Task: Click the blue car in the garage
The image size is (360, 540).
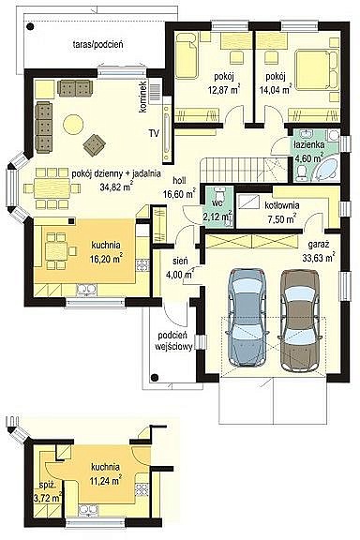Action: point(247,317)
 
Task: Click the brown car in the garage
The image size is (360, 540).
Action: point(299,320)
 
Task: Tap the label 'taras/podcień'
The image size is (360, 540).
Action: point(98,44)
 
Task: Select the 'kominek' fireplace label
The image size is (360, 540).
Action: point(142,97)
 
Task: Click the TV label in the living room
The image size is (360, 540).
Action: point(154,133)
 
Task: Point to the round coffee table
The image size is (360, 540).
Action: point(73,124)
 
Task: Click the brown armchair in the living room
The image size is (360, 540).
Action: point(94,144)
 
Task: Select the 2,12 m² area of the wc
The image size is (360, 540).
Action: point(218,217)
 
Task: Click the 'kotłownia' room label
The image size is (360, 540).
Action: point(282,205)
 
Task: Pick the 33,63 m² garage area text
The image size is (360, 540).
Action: point(319,258)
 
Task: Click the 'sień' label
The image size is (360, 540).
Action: point(181,261)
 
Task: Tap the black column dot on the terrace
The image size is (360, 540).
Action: point(31,26)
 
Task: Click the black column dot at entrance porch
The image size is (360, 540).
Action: point(155,378)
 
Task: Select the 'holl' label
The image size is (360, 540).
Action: point(179,180)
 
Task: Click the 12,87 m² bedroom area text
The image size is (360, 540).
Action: point(224,90)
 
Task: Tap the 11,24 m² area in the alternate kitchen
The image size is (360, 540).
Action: point(105,481)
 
